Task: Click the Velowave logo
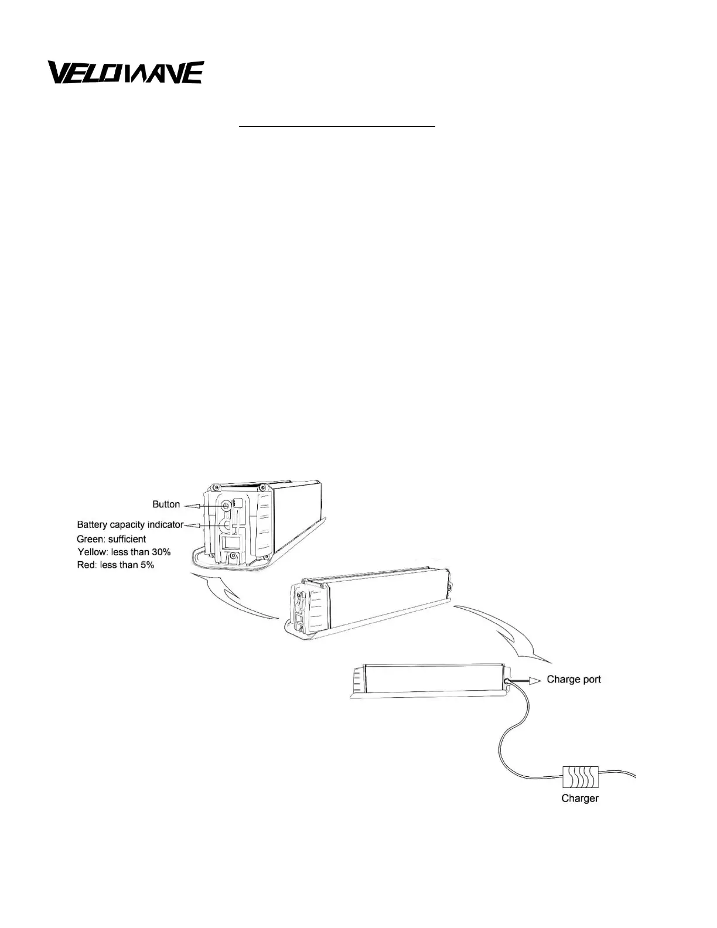tap(125, 73)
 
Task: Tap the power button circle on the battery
tap(226, 505)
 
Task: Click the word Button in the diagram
tap(166, 504)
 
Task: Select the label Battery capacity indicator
tap(130, 524)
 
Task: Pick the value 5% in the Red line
tap(145, 565)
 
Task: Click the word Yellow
tap(91, 552)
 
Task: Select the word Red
tap(86, 565)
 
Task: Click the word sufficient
tap(127, 539)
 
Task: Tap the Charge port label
tap(573, 680)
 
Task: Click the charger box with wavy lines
tap(580, 777)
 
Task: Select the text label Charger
tap(580, 798)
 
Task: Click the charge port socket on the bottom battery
tap(504, 682)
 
